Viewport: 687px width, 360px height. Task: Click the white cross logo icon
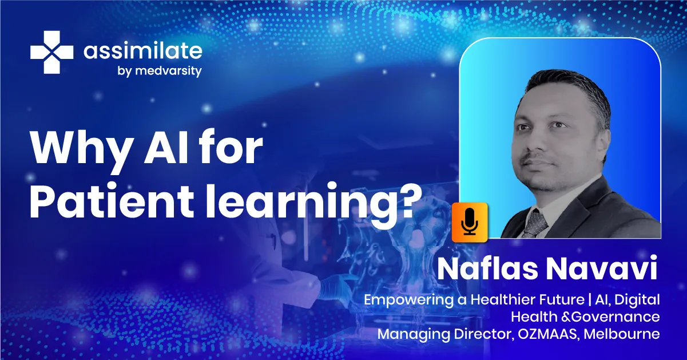click(x=52, y=52)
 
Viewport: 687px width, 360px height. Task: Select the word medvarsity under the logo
click(x=170, y=72)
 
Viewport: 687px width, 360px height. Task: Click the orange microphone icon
click(x=470, y=221)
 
